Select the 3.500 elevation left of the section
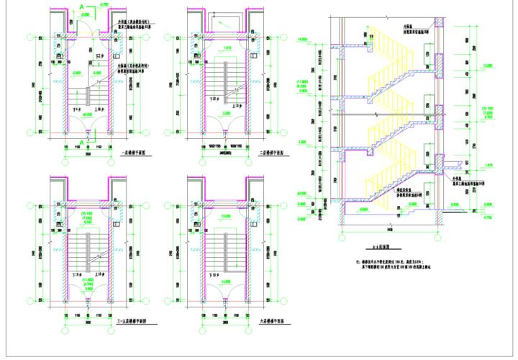coord(303,142)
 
